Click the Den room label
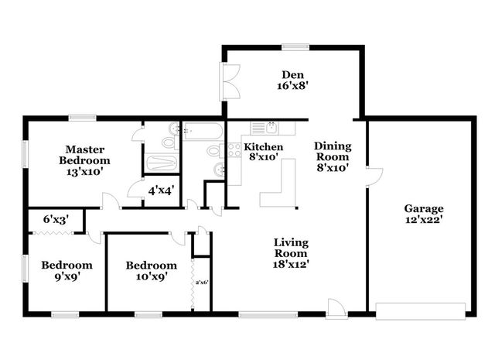(x=292, y=75)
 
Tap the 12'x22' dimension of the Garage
(x=423, y=219)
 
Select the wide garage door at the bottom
(x=420, y=311)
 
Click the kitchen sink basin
(x=271, y=128)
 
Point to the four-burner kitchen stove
(x=234, y=150)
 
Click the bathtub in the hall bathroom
(x=203, y=131)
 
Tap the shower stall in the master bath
(x=162, y=163)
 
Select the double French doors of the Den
(x=230, y=82)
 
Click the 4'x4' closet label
(x=161, y=190)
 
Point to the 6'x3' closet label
(x=56, y=219)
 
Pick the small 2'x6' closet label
(x=202, y=283)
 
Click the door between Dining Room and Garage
(x=374, y=177)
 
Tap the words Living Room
(x=291, y=248)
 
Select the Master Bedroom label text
(x=84, y=155)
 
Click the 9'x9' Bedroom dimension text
(x=67, y=277)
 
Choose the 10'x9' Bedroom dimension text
(x=152, y=277)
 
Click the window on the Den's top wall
(x=295, y=47)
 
